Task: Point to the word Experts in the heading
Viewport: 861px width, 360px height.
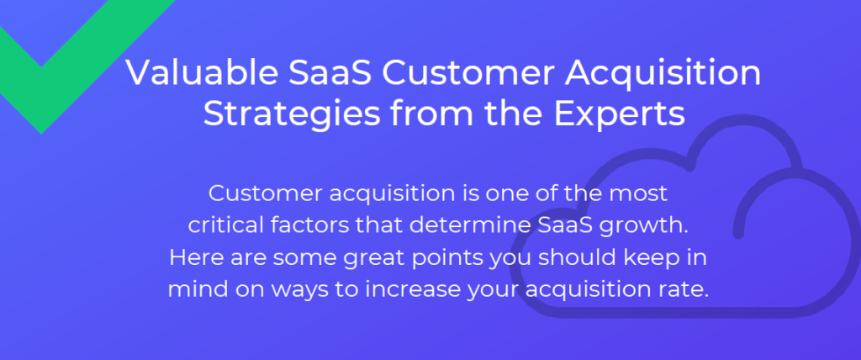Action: pos(619,115)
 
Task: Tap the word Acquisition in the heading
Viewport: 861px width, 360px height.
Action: pos(663,74)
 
